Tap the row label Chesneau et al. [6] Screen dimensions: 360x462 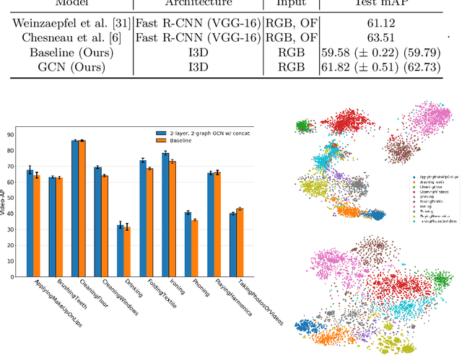tap(67, 38)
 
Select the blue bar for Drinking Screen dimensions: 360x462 tap(120, 251)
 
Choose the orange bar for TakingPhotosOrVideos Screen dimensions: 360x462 tap(240, 242)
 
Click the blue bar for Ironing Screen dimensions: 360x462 tap(165, 215)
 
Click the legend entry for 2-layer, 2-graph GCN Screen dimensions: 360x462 tap(204, 133)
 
